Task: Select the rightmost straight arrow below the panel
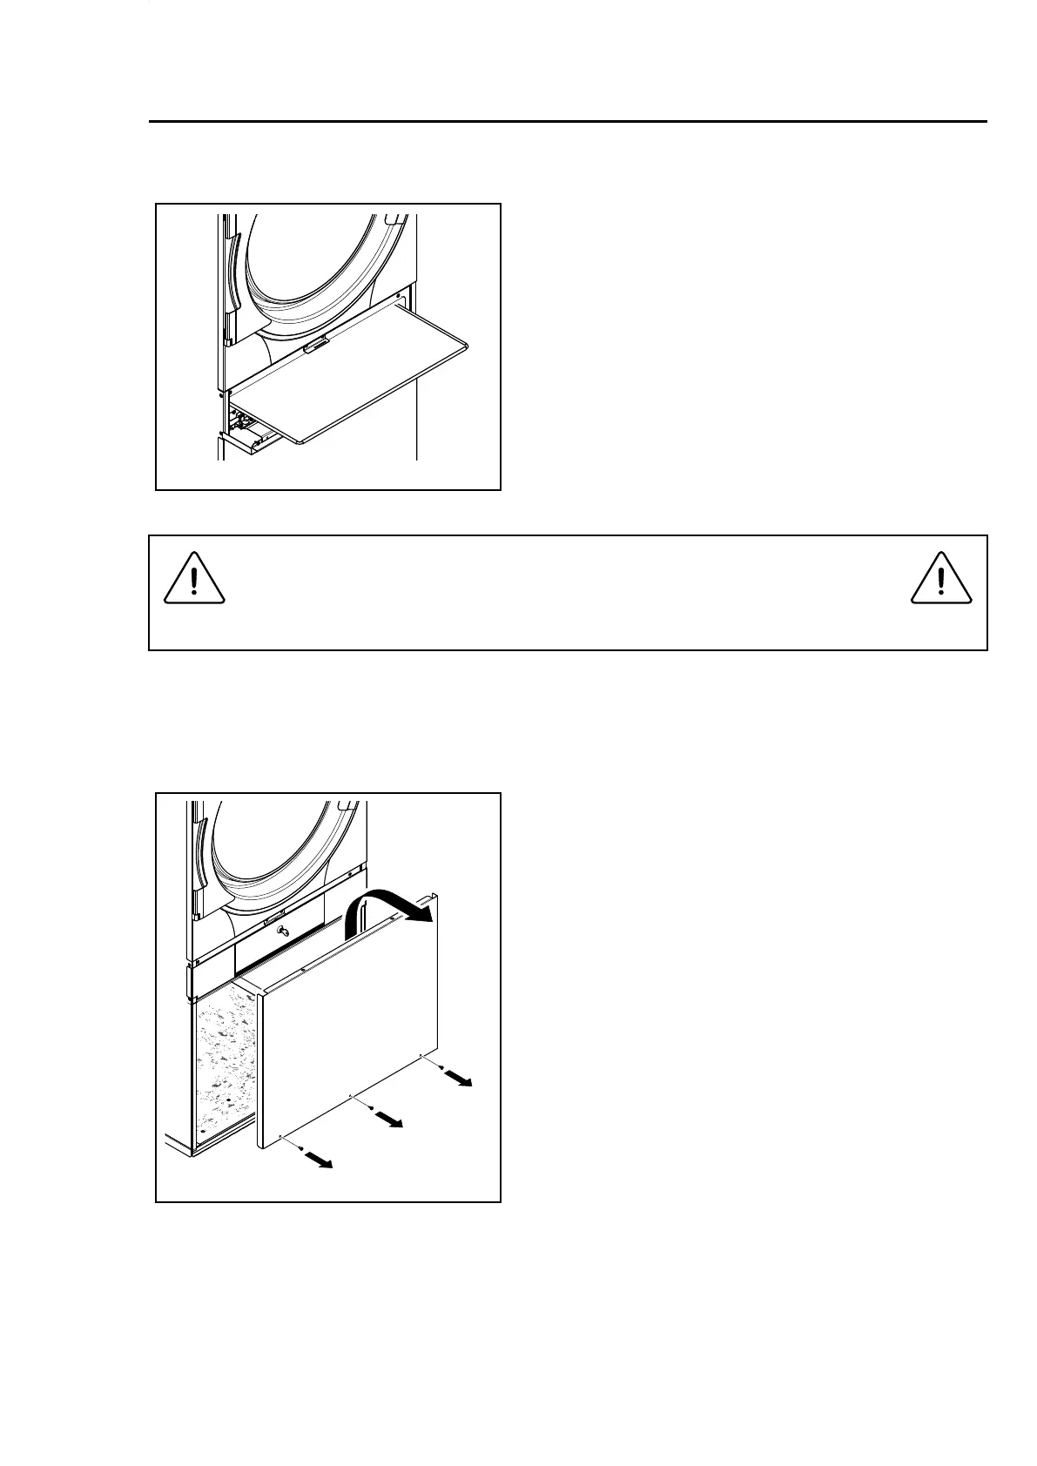457,1079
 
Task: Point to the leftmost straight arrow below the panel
319,1159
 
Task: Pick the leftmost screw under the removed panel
300,1150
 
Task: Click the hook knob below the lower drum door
280,932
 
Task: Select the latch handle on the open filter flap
316,346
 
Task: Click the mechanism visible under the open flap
248,427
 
